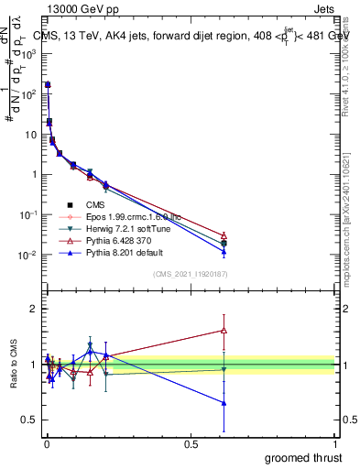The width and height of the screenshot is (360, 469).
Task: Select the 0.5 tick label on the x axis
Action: pos(191,444)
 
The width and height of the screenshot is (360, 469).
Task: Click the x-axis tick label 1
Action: pos(335,444)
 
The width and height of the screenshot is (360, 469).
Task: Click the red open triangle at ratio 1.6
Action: pos(224,331)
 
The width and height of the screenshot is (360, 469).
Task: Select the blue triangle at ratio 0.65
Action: pos(224,403)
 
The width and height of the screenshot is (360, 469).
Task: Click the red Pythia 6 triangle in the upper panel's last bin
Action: pos(224,235)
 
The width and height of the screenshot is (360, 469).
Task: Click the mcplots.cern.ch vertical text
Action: pos(349,229)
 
